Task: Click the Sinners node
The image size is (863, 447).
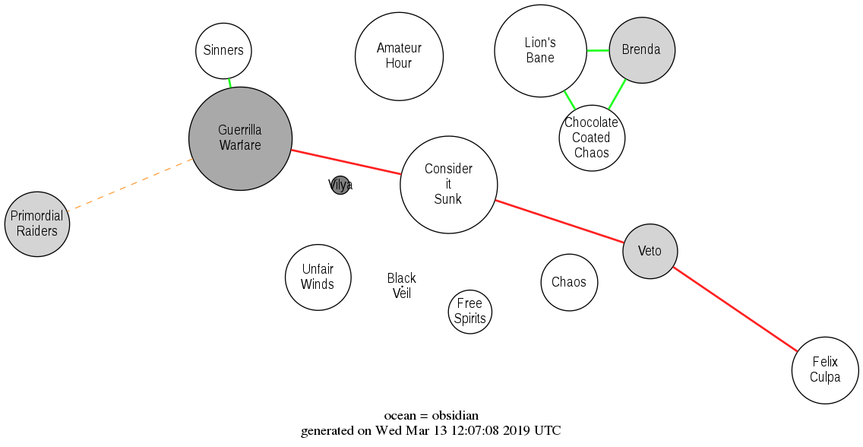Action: pos(223,51)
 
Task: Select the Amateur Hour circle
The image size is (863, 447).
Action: pos(399,56)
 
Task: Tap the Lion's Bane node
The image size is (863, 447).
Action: pos(540,51)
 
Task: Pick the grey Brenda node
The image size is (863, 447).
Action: pos(642,50)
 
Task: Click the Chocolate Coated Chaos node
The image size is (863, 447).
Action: pos(592,138)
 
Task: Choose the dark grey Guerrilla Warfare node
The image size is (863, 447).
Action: pos(240,138)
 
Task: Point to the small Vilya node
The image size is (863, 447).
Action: pos(340,185)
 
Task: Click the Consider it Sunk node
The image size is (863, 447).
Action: pos(448,184)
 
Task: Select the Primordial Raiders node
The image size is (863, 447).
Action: pos(37,223)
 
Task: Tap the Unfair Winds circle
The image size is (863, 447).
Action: pos(318,277)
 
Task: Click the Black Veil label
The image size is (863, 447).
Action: pos(402,286)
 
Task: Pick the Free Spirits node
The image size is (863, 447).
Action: pos(470,311)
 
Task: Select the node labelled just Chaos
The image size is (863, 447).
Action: pos(569,282)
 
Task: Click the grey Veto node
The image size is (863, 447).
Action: pos(650,251)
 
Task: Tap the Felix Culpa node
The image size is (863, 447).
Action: pos(825,370)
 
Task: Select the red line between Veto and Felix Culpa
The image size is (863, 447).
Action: pos(735,309)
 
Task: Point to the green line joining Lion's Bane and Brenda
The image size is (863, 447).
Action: pos(598,51)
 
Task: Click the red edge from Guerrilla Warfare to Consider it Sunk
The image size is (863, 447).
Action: pos(346,163)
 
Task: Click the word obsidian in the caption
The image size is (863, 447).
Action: pos(455,416)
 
